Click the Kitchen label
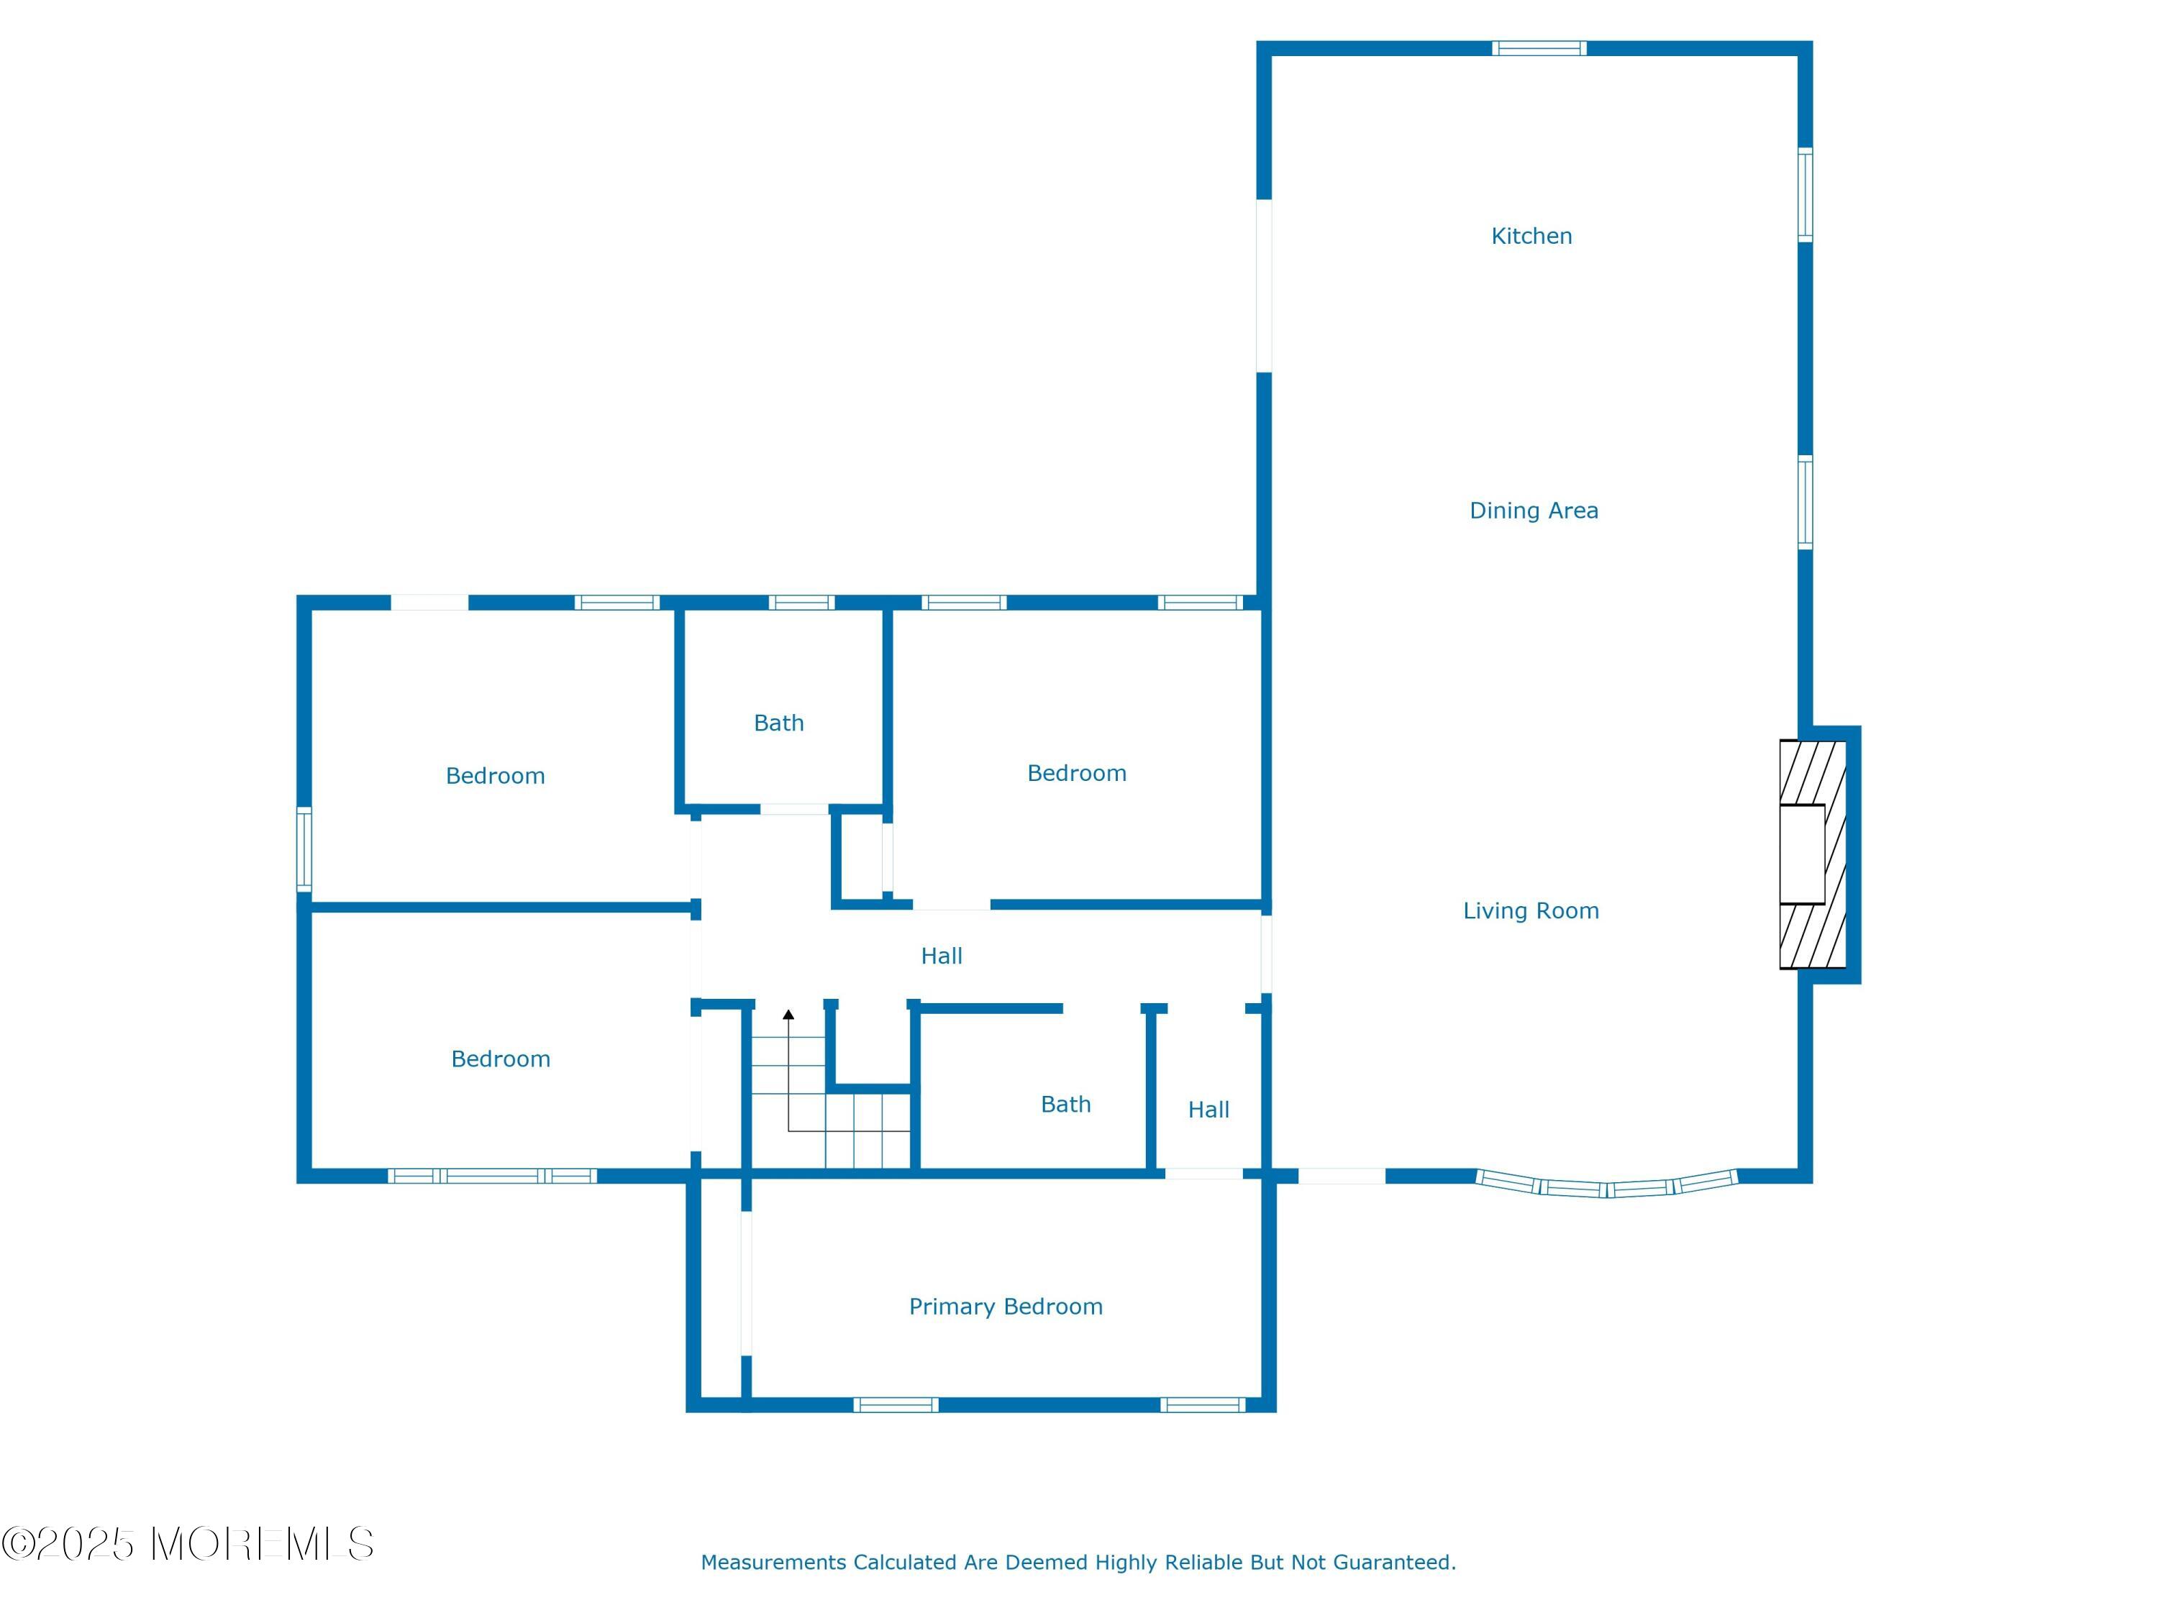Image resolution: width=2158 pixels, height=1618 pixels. tap(1531, 236)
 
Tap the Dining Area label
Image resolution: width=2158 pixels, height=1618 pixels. tap(1534, 511)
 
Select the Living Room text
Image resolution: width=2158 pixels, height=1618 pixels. tap(1531, 911)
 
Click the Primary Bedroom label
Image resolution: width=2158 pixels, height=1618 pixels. tap(1006, 1307)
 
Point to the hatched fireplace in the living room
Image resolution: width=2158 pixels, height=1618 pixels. tap(1813, 854)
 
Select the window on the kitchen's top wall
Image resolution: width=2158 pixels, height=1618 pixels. tap(1539, 47)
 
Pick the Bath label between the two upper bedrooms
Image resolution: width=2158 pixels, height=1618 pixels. tap(778, 723)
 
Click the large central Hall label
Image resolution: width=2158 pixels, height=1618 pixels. tap(942, 956)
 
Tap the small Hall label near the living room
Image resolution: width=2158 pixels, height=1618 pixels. tap(1208, 1110)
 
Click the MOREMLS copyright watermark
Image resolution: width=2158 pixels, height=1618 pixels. tap(187, 1544)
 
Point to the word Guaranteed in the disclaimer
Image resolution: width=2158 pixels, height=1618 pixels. tap(1394, 1563)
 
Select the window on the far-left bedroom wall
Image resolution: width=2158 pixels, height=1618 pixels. tap(304, 849)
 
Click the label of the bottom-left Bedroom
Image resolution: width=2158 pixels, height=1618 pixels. tap(501, 1059)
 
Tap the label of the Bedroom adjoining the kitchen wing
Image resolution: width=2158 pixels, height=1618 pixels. tap(1077, 773)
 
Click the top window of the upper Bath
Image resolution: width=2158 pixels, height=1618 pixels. tap(801, 603)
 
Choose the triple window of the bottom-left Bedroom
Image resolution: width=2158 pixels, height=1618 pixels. tap(493, 1176)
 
